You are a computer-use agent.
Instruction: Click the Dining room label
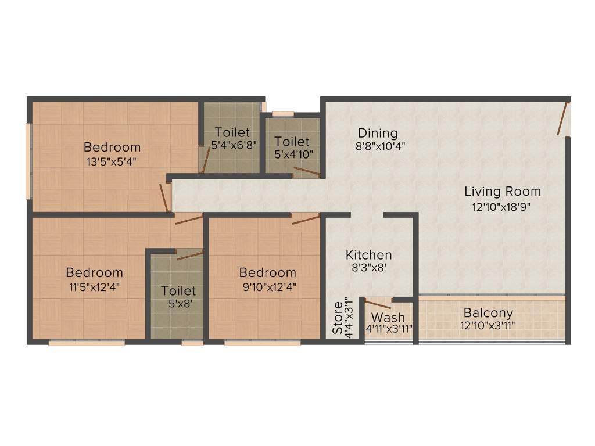(x=378, y=133)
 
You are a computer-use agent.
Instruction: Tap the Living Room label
(x=503, y=192)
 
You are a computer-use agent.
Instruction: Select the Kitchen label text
(x=368, y=255)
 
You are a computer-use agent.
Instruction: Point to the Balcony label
(x=488, y=314)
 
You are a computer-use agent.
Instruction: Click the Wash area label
(x=388, y=318)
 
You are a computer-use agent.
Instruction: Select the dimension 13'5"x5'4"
(x=112, y=161)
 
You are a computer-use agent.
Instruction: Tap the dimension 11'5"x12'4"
(x=94, y=286)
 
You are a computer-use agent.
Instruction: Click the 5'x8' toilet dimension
(x=178, y=303)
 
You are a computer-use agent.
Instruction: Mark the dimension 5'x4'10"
(x=292, y=154)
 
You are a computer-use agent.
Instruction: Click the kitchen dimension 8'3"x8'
(x=368, y=268)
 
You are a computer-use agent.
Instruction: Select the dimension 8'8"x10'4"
(x=380, y=147)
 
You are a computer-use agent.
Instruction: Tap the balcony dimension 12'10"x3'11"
(x=488, y=326)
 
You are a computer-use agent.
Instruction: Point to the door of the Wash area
(x=378, y=304)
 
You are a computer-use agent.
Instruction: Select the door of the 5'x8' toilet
(x=189, y=255)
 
